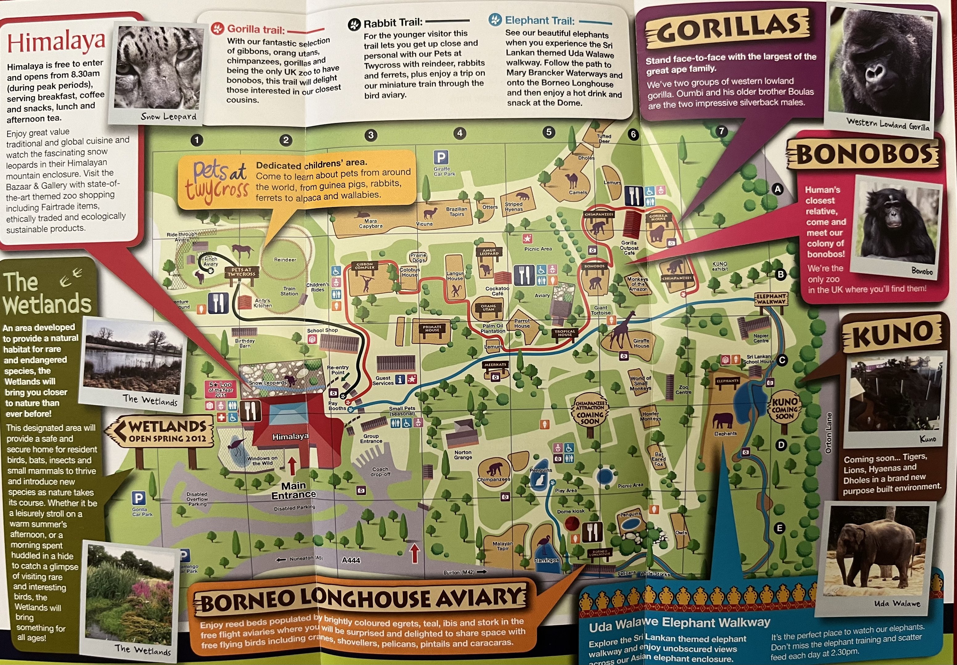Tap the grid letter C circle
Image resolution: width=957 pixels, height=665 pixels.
click(x=782, y=360)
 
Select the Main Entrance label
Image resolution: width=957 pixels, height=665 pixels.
click(x=294, y=490)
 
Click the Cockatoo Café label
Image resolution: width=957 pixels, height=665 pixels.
click(x=497, y=291)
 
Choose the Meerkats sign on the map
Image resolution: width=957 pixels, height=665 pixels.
click(x=495, y=365)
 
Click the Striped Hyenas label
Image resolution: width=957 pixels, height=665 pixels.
click(x=513, y=207)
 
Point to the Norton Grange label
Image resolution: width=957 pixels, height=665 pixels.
click(x=463, y=454)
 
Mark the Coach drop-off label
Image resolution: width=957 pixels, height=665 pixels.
click(x=381, y=471)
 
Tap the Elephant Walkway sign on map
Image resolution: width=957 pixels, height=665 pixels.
click(x=771, y=299)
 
